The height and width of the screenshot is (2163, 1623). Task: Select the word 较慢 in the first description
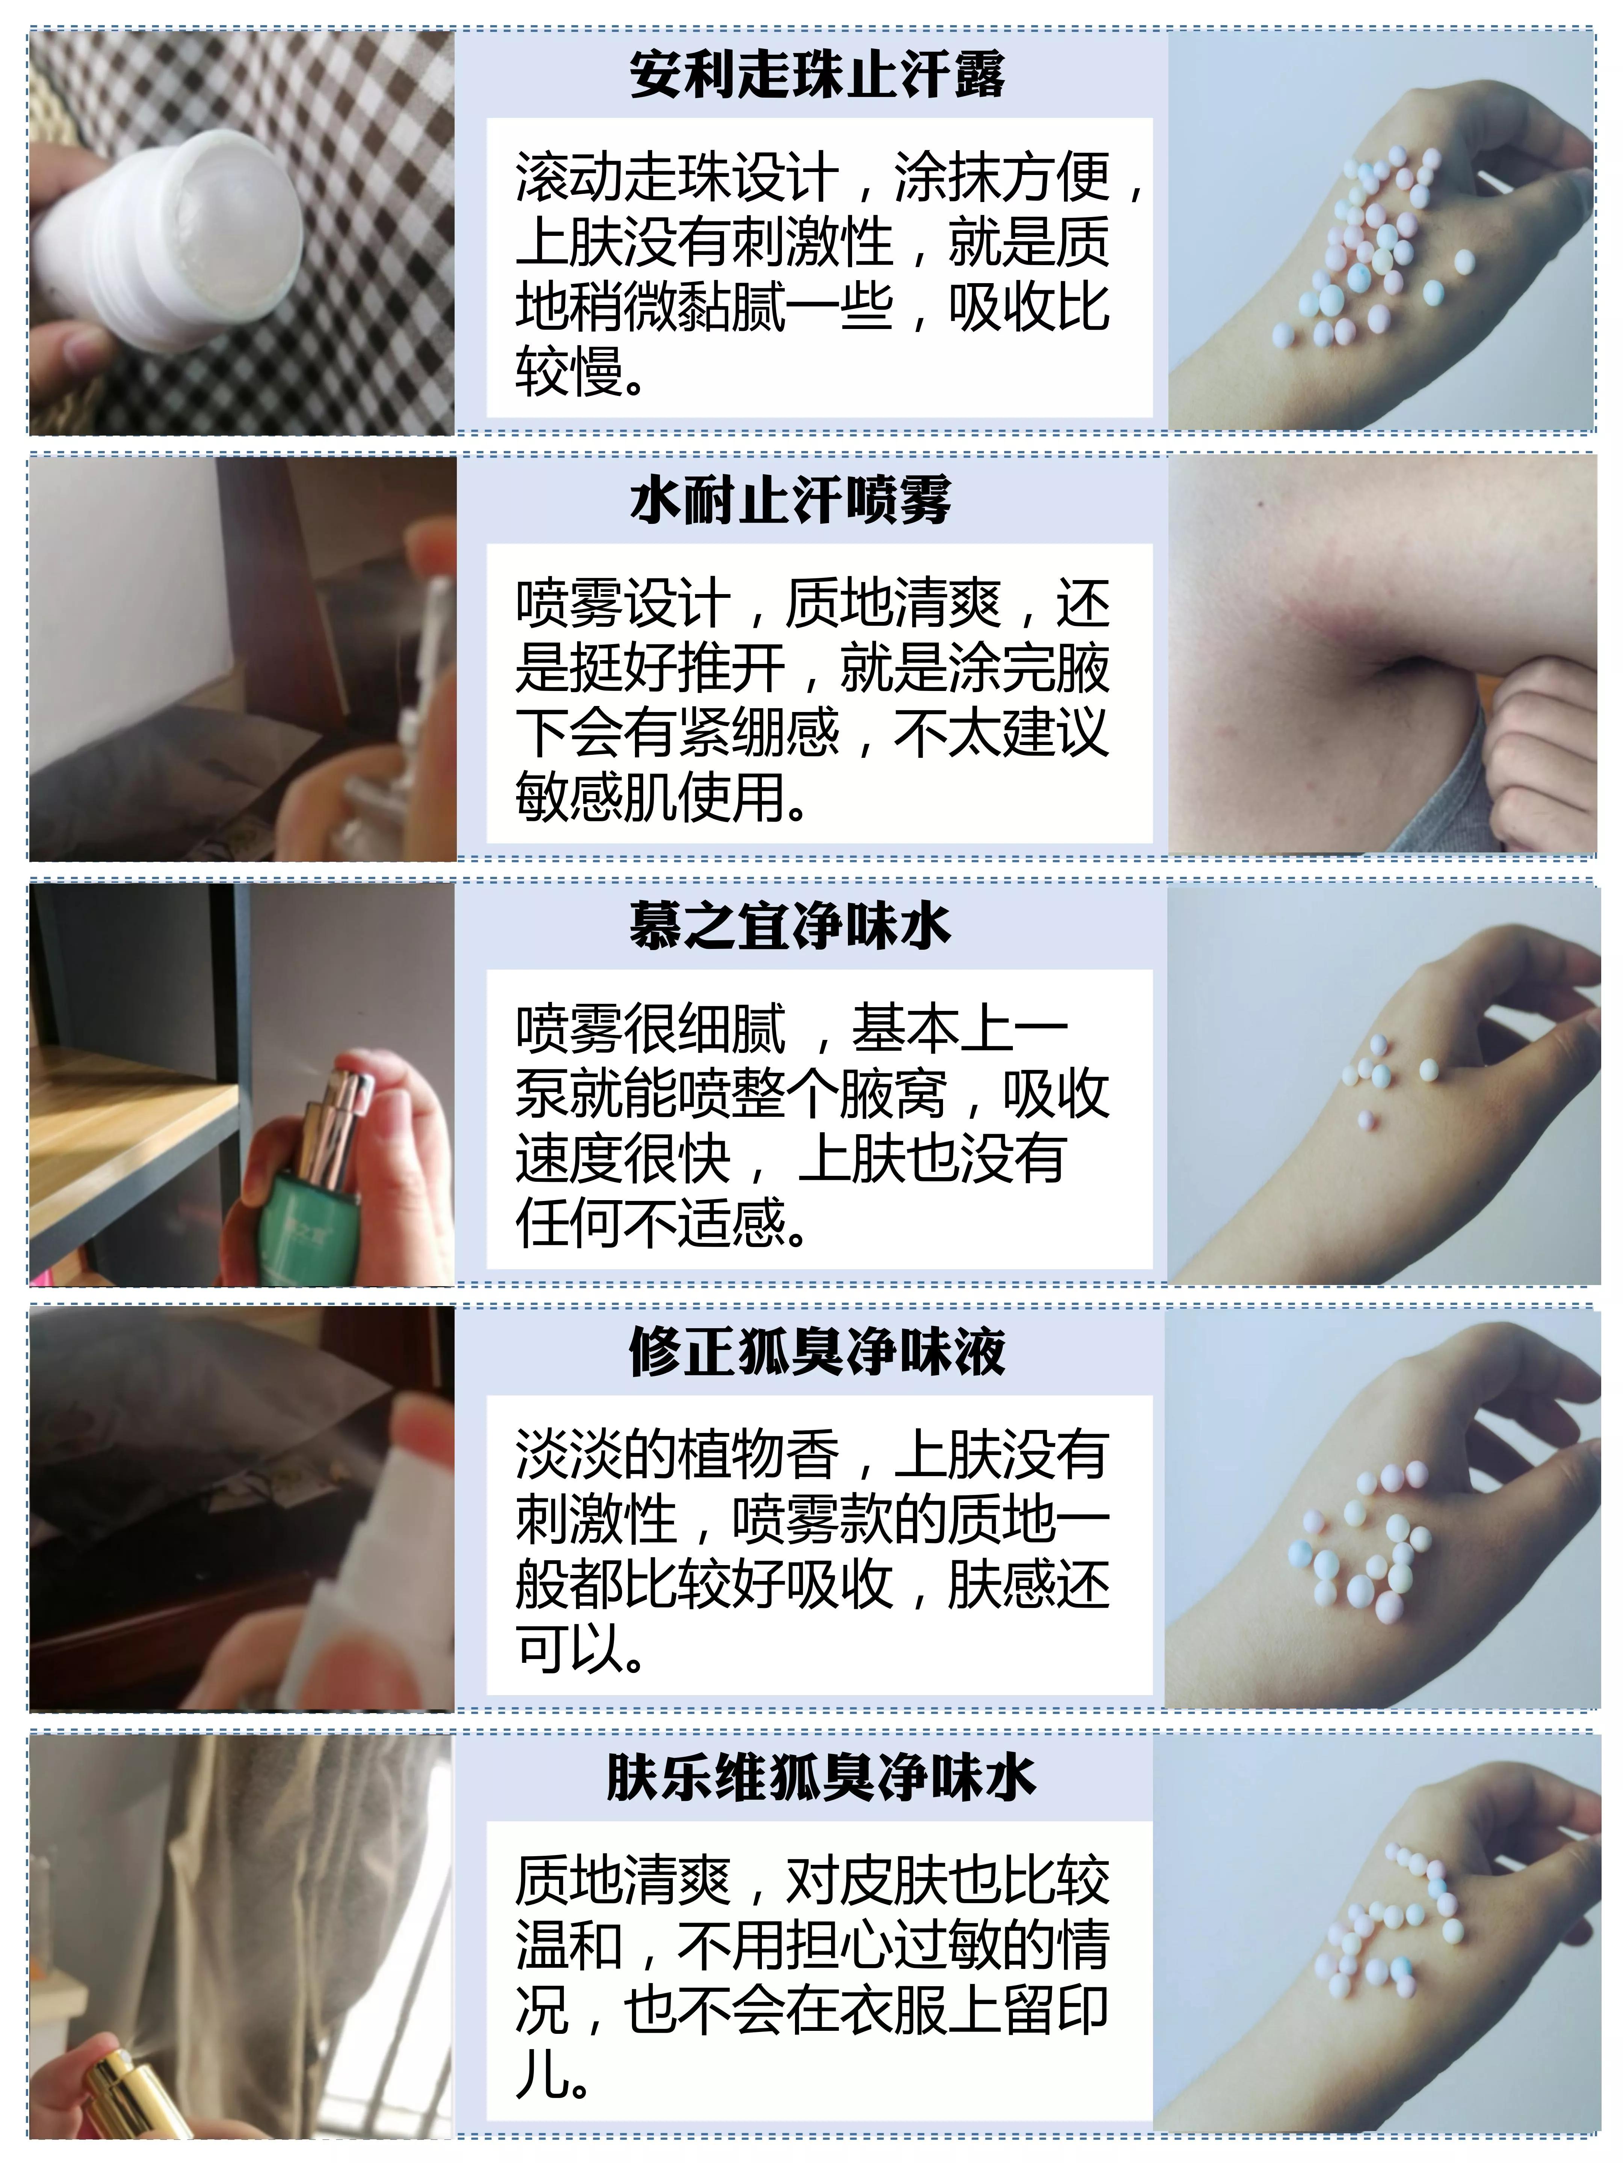pyautogui.click(x=570, y=373)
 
